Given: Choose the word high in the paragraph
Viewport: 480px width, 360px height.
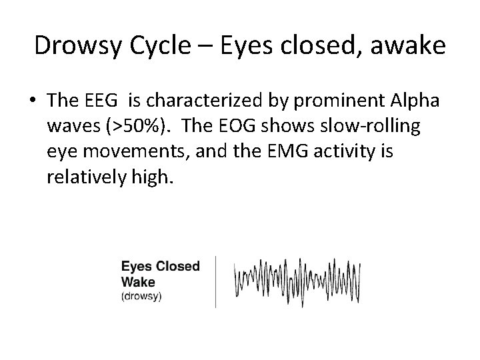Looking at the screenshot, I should (153, 178).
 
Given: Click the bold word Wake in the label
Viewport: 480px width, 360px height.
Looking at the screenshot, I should (137, 281).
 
